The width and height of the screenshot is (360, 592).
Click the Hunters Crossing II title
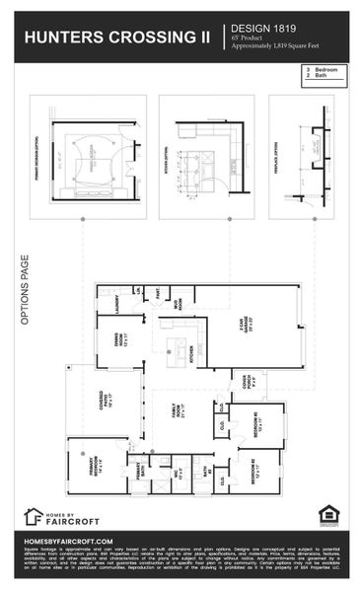click(x=116, y=37)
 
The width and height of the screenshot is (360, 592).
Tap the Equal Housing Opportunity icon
click(x=327, y=514)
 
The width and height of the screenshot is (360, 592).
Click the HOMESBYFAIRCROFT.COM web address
click(x=69, y=541)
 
